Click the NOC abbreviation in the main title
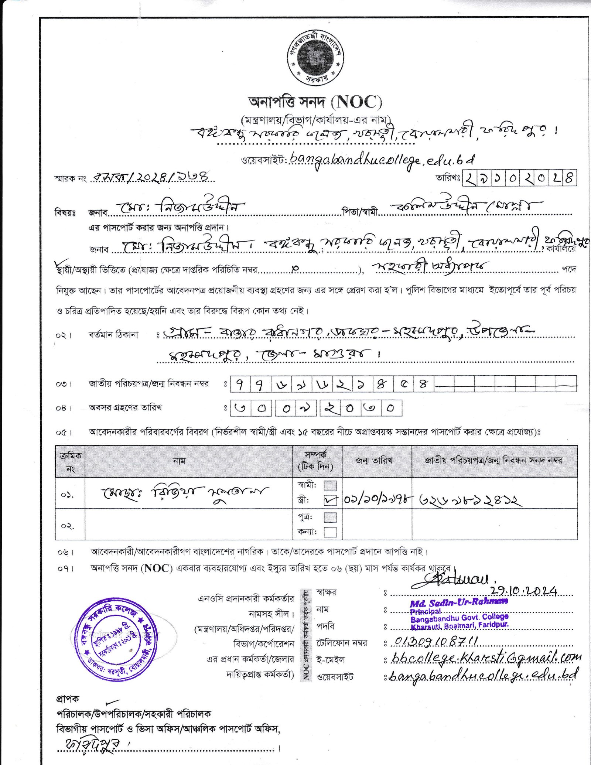[356, 102]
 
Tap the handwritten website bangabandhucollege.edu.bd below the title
[382, 160]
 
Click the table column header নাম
[179, 461]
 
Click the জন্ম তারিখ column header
[374, 460]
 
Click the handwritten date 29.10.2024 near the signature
[524, 591]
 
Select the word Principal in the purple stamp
[425, 611]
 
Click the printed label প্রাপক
[67, 699]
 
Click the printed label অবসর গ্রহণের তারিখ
[125, 408]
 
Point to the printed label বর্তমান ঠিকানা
[113, 335]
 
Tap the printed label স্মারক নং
[70, 179]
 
